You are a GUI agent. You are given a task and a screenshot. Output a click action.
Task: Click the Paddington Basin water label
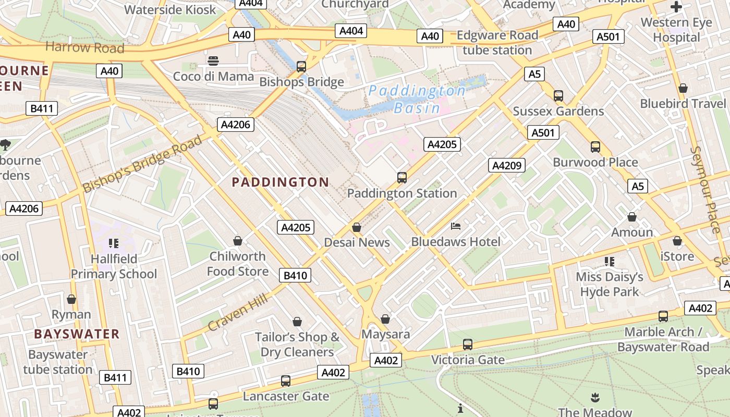[417, 100]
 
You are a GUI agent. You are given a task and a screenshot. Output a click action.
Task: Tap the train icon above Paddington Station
[401, 178]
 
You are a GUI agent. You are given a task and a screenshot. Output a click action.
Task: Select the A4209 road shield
[506, 166]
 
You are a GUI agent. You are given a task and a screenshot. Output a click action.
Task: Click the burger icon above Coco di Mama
[213, 61]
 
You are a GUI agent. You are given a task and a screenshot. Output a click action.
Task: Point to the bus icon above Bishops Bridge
[301, 67]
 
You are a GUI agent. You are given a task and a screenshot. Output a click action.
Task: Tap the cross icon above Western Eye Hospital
[676, 7]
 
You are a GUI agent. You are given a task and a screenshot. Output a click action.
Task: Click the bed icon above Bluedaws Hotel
[456, 226]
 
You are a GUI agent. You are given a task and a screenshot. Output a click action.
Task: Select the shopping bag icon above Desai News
[357, 227]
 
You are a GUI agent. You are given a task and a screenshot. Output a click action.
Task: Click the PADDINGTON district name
[280, 182]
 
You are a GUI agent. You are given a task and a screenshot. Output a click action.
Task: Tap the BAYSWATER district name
[77, 334]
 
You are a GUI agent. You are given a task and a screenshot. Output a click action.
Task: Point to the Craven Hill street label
[238, 312]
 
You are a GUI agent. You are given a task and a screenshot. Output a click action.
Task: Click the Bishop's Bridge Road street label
[142, 164]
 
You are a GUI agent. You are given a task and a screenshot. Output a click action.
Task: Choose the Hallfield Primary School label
[114, 266]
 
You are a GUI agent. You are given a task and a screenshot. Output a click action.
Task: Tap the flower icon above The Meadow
[595, 398]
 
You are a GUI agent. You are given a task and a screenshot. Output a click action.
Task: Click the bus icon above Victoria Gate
[468, 345]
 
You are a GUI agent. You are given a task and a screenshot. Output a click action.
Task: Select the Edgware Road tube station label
[497, 43]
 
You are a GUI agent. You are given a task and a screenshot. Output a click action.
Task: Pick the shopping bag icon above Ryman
[71, 299]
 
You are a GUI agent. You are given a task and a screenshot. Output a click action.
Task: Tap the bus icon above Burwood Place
[595, 147]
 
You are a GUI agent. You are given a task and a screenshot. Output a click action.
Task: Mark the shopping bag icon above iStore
[677, 241]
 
